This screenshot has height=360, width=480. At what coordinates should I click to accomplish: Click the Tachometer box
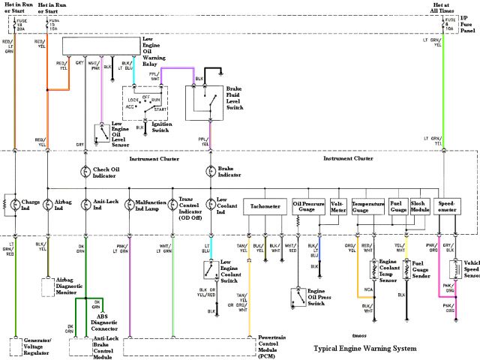coord(265,206)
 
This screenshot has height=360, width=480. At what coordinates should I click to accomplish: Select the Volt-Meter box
coord(337,206)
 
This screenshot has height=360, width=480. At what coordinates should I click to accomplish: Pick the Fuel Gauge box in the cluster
coord(397,206)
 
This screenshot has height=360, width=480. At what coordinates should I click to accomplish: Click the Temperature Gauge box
coord(369,206)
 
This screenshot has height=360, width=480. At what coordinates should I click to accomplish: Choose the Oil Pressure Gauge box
coord(308,206)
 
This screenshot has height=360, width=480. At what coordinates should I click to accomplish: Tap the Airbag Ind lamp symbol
coord(47,204)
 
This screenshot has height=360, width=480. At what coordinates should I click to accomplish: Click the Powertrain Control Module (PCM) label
coord(276,347)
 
